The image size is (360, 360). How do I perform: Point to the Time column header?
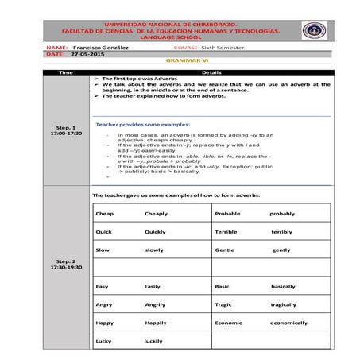tap(66, 72)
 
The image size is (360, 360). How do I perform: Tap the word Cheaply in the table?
tap(156, 214)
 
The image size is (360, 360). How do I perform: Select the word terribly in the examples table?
tap(281, 232)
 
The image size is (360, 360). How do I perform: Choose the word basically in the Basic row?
tap(283, 286)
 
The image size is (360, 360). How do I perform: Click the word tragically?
tap(283, 304)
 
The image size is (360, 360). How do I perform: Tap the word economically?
tap(288, 323)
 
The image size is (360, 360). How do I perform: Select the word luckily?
tap(153, 342)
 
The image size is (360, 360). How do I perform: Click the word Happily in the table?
tap(156, 323)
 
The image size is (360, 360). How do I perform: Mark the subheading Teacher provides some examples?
tap(143, 125)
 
